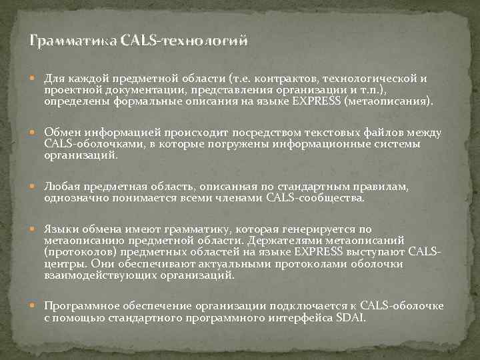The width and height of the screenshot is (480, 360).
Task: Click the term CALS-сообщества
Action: [x=315, y=197]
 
